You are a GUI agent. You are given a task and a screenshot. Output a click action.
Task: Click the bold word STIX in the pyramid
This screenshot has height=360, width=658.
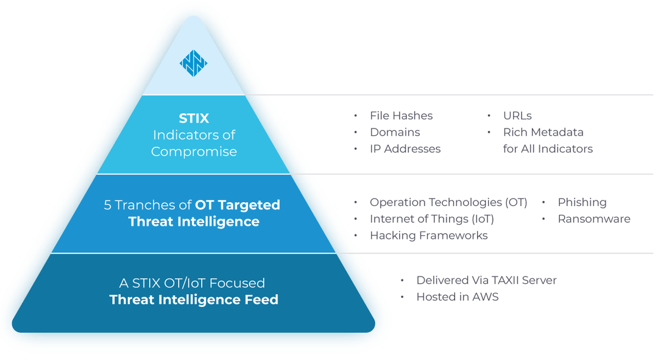194,118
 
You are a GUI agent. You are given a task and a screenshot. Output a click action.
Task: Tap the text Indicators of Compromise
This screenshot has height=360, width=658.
194,143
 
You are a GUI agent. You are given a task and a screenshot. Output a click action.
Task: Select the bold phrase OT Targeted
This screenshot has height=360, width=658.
238,205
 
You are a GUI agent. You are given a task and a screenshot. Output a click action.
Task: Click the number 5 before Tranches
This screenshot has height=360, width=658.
107,205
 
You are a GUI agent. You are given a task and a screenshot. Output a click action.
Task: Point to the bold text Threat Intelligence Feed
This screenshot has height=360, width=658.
194,300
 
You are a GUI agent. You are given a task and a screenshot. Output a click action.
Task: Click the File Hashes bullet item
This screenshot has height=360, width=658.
401,116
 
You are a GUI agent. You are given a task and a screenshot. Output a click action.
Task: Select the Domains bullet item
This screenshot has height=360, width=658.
395,132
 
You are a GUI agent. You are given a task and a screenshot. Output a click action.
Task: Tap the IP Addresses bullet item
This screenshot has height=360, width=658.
405,149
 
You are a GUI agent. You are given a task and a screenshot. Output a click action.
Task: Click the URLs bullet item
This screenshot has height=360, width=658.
517,116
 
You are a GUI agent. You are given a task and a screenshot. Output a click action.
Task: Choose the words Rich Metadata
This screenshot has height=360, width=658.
543,132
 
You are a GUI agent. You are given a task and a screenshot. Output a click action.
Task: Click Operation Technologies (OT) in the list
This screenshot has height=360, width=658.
448,202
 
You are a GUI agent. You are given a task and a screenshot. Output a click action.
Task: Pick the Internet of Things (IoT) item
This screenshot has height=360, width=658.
432,219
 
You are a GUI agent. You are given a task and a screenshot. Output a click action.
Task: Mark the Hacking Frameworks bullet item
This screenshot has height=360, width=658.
429,235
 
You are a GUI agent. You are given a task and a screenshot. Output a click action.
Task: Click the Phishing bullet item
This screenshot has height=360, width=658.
582,202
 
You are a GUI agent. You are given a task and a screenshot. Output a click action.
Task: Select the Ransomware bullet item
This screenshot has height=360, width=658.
594,219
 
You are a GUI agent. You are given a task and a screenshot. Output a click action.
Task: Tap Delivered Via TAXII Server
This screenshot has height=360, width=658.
486,280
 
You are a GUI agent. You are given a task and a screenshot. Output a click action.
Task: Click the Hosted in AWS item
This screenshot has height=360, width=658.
457,297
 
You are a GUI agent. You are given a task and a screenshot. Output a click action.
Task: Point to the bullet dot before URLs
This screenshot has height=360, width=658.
489,116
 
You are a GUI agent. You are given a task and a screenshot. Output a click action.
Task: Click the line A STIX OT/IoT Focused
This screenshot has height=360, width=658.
192,283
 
